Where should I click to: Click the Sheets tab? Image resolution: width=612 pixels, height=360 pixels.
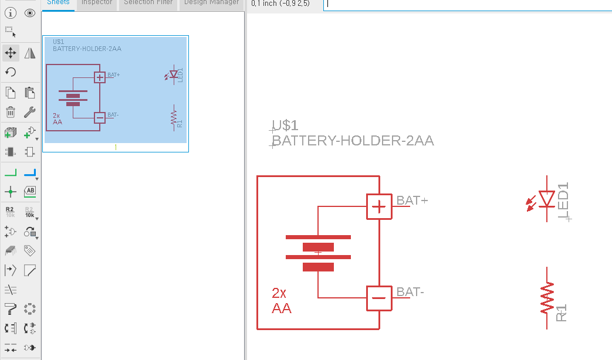(x=58, y=3)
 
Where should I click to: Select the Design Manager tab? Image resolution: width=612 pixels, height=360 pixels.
(x=211, y=3)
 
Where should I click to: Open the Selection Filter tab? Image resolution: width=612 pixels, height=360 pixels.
(x=148, y=3)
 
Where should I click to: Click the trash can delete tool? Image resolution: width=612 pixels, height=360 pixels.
(x=11, y=112)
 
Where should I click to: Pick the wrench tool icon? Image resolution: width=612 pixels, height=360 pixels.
(x=31, y=112)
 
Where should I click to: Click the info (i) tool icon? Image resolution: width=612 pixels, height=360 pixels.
(x=11, y=13)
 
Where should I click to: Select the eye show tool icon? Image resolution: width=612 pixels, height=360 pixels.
(x=31, y=13)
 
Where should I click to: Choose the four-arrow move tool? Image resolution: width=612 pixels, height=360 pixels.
(x=11, y=53)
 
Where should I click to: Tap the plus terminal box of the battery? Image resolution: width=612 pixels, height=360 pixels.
(x=379, y=206)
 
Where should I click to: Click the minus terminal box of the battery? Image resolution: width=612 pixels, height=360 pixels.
(x=379, y=298)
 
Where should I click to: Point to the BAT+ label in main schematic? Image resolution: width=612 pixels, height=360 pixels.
(x=412, y=201)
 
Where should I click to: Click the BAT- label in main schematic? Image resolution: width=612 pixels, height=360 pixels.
(x=410, y=292)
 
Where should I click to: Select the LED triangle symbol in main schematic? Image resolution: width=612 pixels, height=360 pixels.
(x=547, y=199)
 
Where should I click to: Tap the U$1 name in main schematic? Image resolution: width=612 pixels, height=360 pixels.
(x=286, y=125)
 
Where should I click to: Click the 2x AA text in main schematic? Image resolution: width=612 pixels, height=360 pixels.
(x=281, y=300)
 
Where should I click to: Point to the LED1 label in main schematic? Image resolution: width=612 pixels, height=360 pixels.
(x=564, y=201)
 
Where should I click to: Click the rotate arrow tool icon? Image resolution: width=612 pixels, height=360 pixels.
(x=11, y=72)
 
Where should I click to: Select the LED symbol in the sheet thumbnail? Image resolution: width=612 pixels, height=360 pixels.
(x=174, y=74)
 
